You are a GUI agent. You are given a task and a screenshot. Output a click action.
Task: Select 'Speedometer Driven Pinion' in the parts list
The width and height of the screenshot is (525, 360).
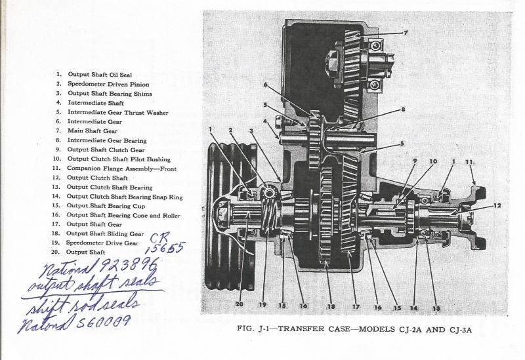coord(108,85)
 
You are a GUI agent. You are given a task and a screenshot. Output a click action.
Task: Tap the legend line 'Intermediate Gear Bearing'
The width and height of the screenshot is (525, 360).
coord(106,140)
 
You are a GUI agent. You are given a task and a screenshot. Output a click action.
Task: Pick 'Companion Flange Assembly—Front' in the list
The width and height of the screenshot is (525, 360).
coord(121,169)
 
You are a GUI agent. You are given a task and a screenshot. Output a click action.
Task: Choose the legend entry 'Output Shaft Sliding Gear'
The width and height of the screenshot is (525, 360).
coord(105,233)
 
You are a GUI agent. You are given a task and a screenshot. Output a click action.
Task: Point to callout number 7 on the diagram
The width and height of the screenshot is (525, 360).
coord(406,32)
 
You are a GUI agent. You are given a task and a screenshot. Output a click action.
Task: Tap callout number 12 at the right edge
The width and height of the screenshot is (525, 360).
coord(497,206)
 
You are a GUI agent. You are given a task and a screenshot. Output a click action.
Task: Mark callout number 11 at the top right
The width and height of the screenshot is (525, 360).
coord(469,161)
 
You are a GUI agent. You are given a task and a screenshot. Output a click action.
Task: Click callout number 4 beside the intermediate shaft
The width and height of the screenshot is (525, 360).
coord(264,121)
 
